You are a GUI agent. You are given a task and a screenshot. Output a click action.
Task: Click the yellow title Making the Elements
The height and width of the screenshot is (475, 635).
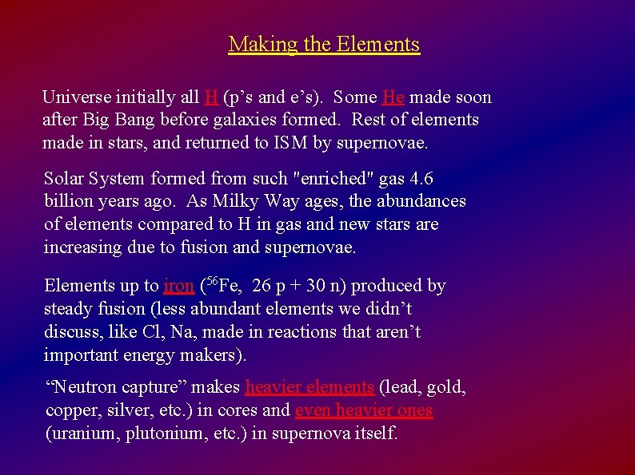click(x=324, y=44)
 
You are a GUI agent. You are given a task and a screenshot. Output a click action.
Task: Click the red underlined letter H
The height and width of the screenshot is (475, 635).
click(x=211, y=97)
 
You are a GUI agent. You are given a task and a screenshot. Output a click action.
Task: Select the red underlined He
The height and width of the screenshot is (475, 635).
click(x=393, y=97)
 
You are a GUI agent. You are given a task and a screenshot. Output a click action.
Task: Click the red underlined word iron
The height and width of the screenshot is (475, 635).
click(x=178, y=286)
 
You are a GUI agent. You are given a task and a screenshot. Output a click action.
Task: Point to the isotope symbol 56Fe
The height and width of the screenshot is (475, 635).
click(x=222, y=285)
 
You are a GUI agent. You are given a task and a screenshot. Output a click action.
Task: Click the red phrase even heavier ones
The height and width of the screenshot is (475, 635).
click(x=364, y=411)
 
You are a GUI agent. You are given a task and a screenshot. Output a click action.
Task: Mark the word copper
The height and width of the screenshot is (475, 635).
click(x=70, y=411)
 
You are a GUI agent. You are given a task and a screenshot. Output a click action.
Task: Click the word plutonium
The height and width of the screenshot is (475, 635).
click(x=160, y=434)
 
